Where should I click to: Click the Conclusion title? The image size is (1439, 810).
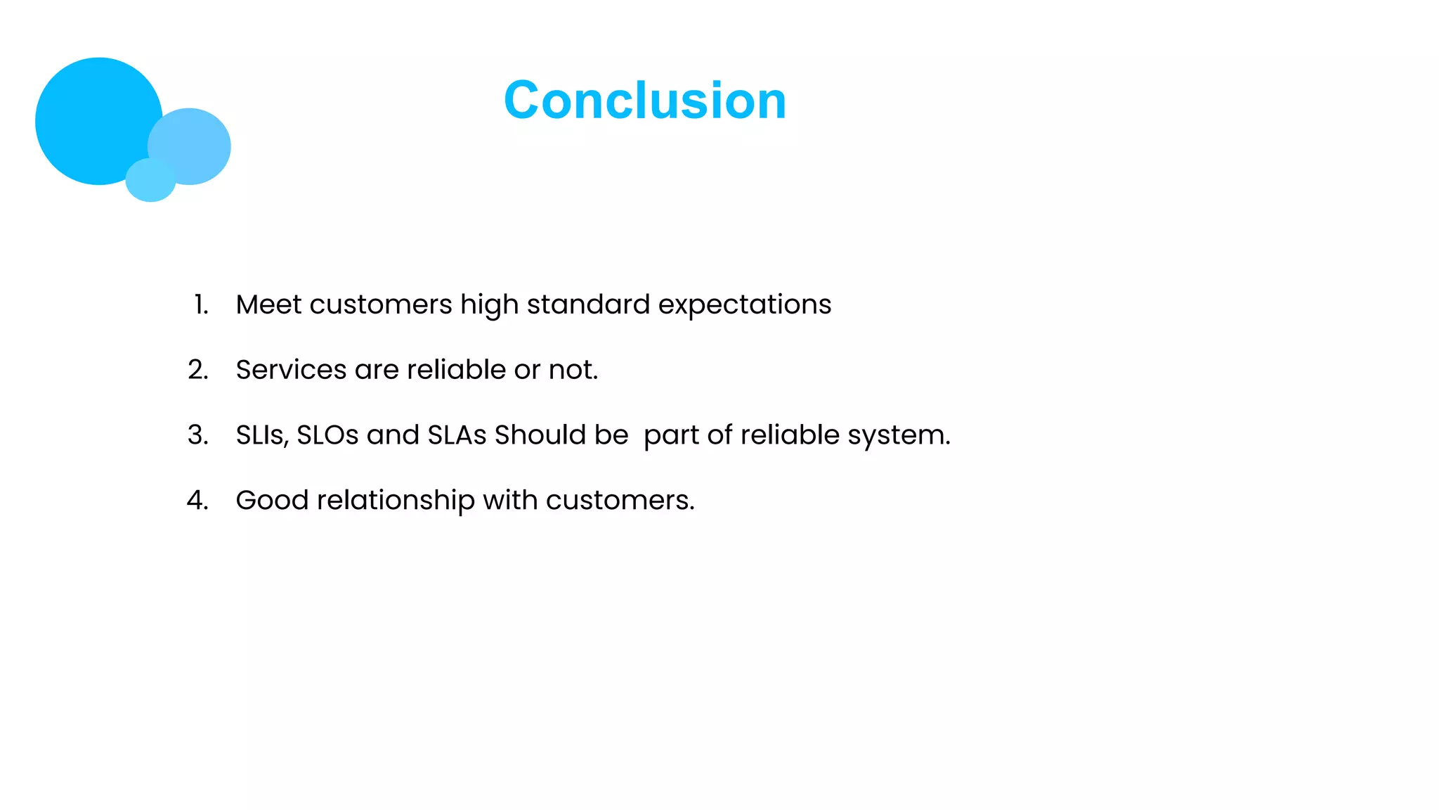tap(645, 101)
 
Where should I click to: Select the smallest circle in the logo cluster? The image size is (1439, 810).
tap(150, 181)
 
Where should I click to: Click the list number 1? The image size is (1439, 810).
tap(201, 305)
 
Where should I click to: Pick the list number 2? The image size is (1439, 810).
tap(198, 370)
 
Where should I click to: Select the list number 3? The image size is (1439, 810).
tap(198, 435)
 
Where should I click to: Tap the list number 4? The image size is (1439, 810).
tap(197, 501)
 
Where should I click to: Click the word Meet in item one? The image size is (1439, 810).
tap(268, 305)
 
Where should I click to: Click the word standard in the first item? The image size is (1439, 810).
tap(588, 305)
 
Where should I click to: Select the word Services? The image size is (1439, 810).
tap(291, 370)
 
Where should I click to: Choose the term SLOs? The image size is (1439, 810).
tap(327, 435)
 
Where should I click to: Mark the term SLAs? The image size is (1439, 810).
tap(457, 435)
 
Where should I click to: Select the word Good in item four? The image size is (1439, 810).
tap(272, 501)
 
